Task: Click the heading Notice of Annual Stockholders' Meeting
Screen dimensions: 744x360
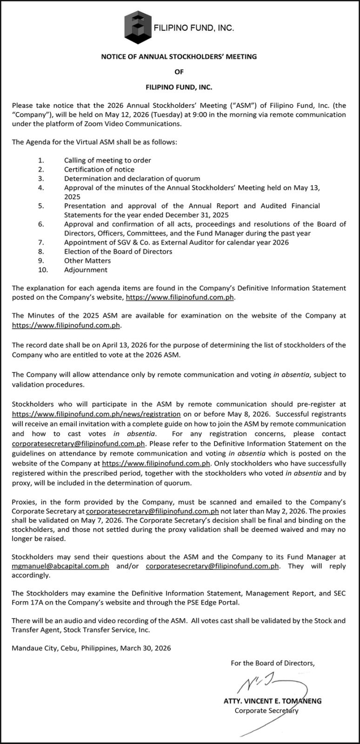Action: click(x=179, y=57)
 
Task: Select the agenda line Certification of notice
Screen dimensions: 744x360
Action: click(x=99, y=170)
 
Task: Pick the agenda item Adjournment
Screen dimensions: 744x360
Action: click(x=86, y=270)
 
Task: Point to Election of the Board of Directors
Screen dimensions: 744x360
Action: click(x=118, y=252)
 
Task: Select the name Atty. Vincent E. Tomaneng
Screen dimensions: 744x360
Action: click(x=273, y=701)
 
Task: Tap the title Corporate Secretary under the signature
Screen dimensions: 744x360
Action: click(x=266, y=711)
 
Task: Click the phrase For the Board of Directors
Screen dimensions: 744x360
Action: click(x=273, y=664)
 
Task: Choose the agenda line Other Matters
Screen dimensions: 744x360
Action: click(x=87, y=260)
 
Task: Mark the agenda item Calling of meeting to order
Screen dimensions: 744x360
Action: click(x=107, y=160)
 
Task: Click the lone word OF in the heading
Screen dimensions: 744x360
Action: click(x=179, y=72)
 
